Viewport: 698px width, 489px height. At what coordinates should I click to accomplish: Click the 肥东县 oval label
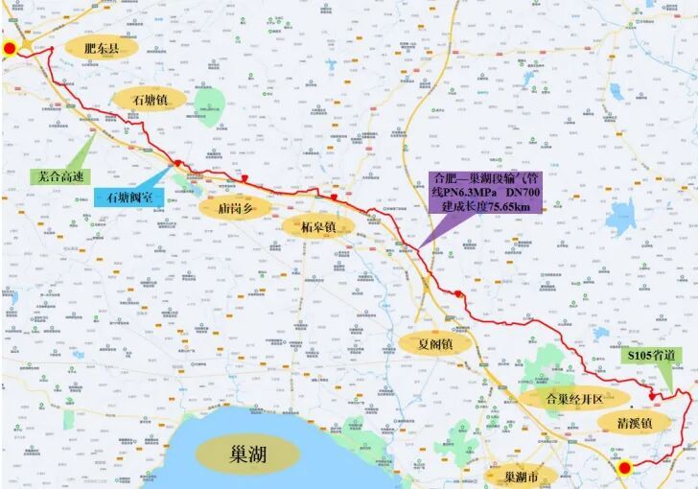click(x=100, y=46)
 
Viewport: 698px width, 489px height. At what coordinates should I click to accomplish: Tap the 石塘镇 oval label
click(x=149, y=100)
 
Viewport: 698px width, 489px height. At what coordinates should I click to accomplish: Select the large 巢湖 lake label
click(x=242, y=451)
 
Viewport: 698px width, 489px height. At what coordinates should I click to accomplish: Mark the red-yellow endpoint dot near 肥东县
click(x=9, y=49)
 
